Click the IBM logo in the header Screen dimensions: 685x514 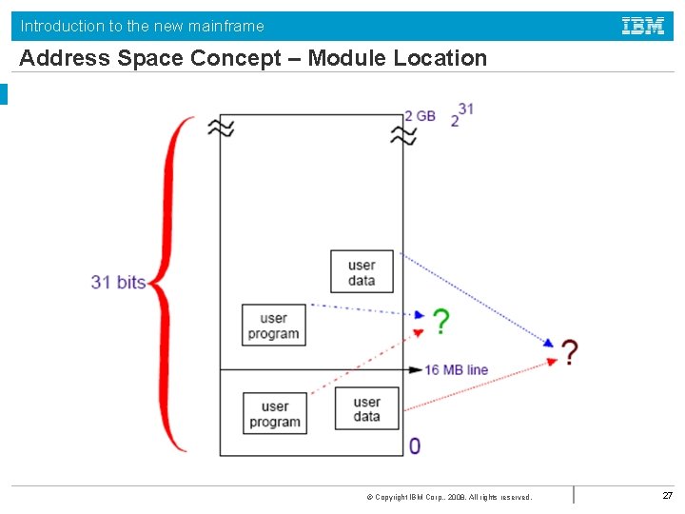[x=643, y=27]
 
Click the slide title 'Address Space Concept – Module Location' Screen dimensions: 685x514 [x=253, y=58]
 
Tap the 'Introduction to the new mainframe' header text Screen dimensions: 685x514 [x=143, y=26]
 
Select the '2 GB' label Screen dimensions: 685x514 [x=420, y=116]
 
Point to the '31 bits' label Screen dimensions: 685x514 [x=118, y=282]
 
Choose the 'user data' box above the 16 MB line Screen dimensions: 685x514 [x=362, y=272]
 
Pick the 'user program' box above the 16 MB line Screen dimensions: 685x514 [x=274, y=326]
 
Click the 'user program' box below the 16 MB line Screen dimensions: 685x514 [x=275, y=414]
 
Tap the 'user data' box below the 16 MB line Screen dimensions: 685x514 [x=366, y=409]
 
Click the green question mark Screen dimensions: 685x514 [x=440, y=322]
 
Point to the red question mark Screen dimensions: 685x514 [x=569, y=353]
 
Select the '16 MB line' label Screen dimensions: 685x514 [x=456, y=369]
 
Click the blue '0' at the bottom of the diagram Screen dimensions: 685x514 [x=415, y=445]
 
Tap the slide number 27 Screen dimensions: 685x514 [x=668, y=495]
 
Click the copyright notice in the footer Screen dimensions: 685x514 [x=449, y=497]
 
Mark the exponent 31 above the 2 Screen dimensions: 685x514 [x=465, y=109]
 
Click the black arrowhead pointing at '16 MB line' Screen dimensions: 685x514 [x=416, y=369]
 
